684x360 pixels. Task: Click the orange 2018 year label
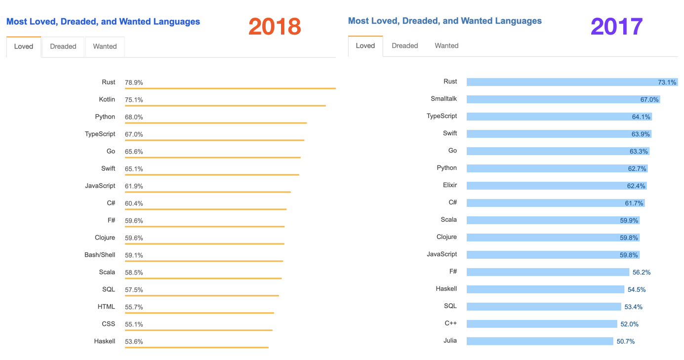click(x=275, y=26)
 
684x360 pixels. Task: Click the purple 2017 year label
click(x=617, y=26)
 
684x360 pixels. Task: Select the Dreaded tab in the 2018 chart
click(x=63, y=46)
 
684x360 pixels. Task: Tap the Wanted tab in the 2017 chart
click(x=446, y=45)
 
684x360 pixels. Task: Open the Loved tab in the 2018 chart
click(x=24, y=46)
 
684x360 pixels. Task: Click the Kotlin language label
click(x=107, y=99)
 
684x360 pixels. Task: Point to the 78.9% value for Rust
click(x=134, y=82)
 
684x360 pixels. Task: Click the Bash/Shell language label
click(x=100, y=255)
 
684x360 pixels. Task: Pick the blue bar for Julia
click(x=539, y=341)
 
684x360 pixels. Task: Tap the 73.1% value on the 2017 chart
click(x=667, y=82)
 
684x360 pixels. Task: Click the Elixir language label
click(x=450, y=185)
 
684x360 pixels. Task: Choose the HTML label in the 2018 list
click(x=106, y=307)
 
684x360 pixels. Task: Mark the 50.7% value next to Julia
click(x=626, y=341)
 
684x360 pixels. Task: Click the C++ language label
click(x=450, y=323)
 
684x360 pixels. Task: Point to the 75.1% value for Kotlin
click(x=134, y=100)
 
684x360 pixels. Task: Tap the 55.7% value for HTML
click(x=134, y=307)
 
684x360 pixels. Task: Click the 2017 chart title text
click(x=444, y=21)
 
